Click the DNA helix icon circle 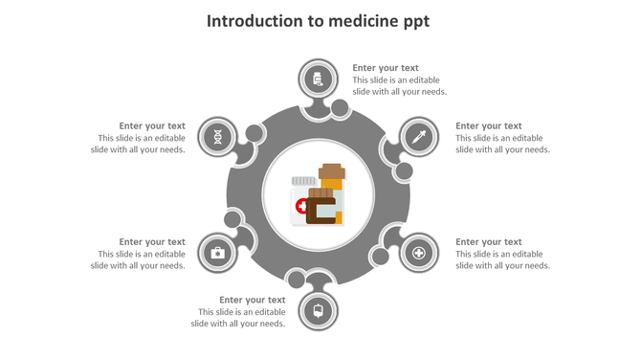tap(219, 137)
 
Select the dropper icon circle tap(418, 137)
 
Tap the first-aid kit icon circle tap(217, 253)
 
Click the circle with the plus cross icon tap(418, 253)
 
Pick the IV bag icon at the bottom tap(318, 310)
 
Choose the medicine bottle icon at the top tap(318, 79)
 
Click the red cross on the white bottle tap(302, 206)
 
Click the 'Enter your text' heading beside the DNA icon tap(152, 125)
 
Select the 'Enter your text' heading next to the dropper tap(488, 125)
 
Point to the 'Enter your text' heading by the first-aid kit tap(152, 242)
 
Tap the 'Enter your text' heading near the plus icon tap(488, 242)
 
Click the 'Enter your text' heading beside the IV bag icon tap(252, 300)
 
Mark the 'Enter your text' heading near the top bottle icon tap(386, 68)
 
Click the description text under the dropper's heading tap(502, 144)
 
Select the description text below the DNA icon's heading tap(140, 144)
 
